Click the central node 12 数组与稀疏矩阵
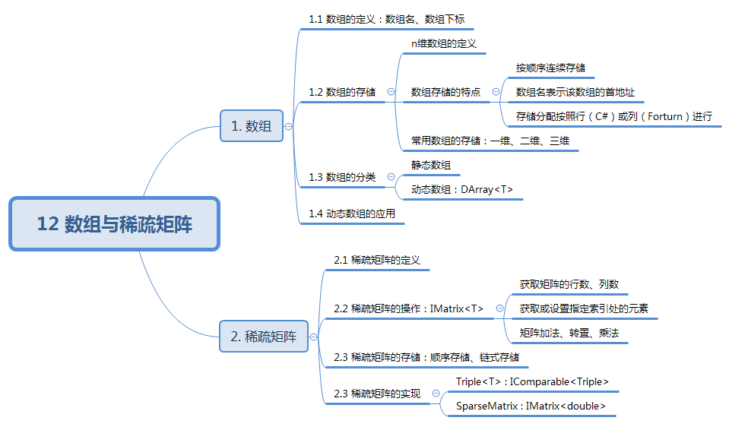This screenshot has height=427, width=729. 115,224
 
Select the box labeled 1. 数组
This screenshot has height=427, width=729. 251,126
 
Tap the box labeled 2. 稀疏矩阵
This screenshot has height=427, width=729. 263,336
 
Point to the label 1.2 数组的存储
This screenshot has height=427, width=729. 342,92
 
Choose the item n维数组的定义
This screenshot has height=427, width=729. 444,44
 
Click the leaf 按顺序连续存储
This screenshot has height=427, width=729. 550,68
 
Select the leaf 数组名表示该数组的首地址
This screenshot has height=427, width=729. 575,92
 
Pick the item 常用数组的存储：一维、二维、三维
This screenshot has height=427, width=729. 490,141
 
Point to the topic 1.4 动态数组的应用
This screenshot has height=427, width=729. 352,214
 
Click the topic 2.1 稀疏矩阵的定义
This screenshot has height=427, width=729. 377,260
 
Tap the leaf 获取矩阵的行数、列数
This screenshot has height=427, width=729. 569,284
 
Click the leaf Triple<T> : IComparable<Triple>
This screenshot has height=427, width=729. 532,381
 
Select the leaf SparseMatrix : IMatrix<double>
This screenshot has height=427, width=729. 531,406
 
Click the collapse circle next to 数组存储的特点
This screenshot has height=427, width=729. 496,92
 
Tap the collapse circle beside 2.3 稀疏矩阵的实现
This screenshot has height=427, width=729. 436,394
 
